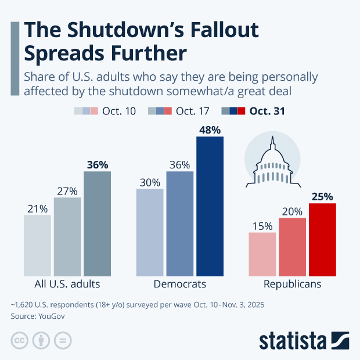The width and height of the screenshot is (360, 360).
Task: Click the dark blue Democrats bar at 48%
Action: tap(210, 207)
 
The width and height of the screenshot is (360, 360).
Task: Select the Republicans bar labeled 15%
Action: tap(262, 254)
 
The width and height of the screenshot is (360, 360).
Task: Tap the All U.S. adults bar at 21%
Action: tap(37, 246)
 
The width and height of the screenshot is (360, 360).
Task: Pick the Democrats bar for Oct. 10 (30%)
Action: tap(150, 232)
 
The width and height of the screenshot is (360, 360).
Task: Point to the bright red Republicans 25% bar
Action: tap(322, 240)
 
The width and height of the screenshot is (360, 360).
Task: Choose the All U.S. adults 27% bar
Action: tap(67, 237)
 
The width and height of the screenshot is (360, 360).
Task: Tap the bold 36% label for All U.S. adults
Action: tap(97, 164)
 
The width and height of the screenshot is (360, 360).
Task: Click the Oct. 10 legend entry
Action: tap(105, 111)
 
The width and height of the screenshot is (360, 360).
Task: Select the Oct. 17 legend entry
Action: tap(178, 111)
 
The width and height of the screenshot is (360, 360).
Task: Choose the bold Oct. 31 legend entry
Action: tap(253, 111)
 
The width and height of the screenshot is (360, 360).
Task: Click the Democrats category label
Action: tap(179, 285)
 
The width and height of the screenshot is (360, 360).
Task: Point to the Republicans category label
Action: tap(292, 285)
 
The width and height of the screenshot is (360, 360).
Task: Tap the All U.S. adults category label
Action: tap(67, 285)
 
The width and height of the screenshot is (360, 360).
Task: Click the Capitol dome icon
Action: tap(272, 160)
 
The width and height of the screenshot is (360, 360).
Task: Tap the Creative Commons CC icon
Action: tap(20, 340)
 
